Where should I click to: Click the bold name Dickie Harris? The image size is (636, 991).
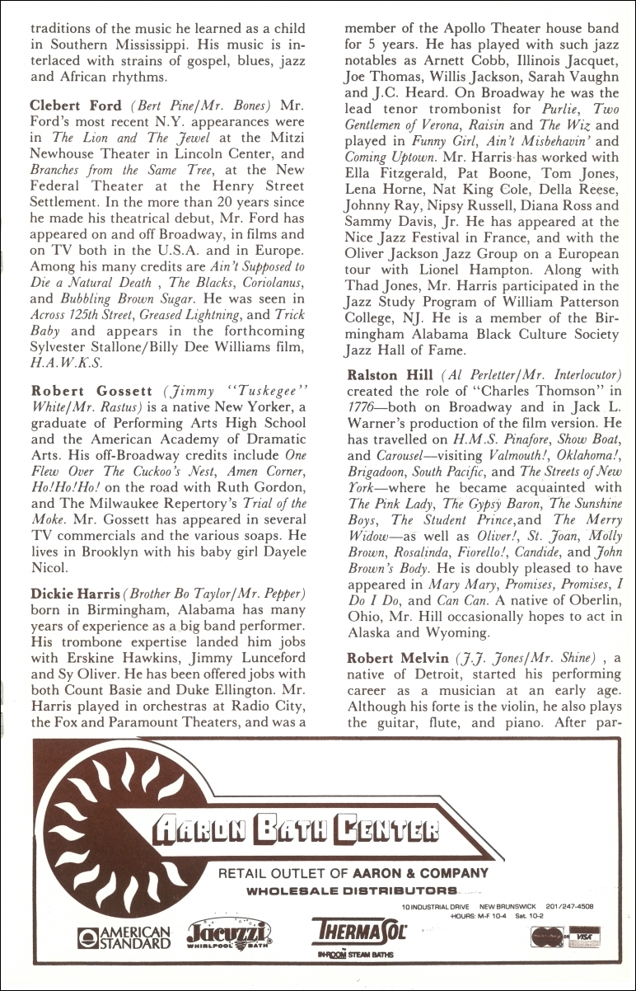[x=72, y=594]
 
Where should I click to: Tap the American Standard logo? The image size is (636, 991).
[x=123, y=937]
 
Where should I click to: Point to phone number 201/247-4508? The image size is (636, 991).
[x=567, y=906]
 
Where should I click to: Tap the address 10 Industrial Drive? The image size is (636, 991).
[x=429, y=906]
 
